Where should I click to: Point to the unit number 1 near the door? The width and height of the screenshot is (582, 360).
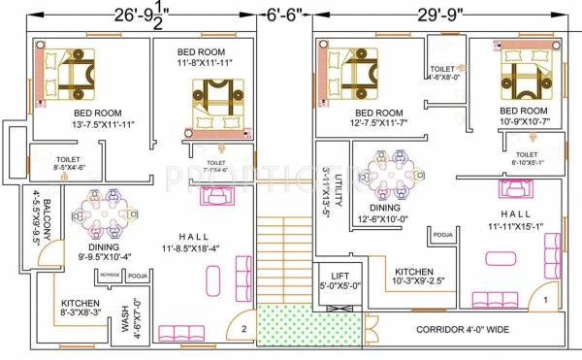pyautogui.click(x=546, y=300)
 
